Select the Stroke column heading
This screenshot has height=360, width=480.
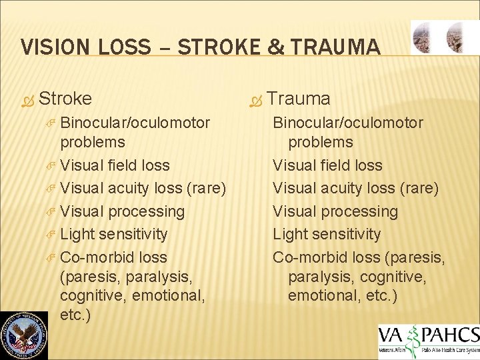point(65,99)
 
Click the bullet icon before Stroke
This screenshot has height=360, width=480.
point(26,99)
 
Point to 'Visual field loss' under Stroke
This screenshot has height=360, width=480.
point(115,165)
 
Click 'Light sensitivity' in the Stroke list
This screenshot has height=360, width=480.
point(113,234)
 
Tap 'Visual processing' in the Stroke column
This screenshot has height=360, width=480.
point(122,211)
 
